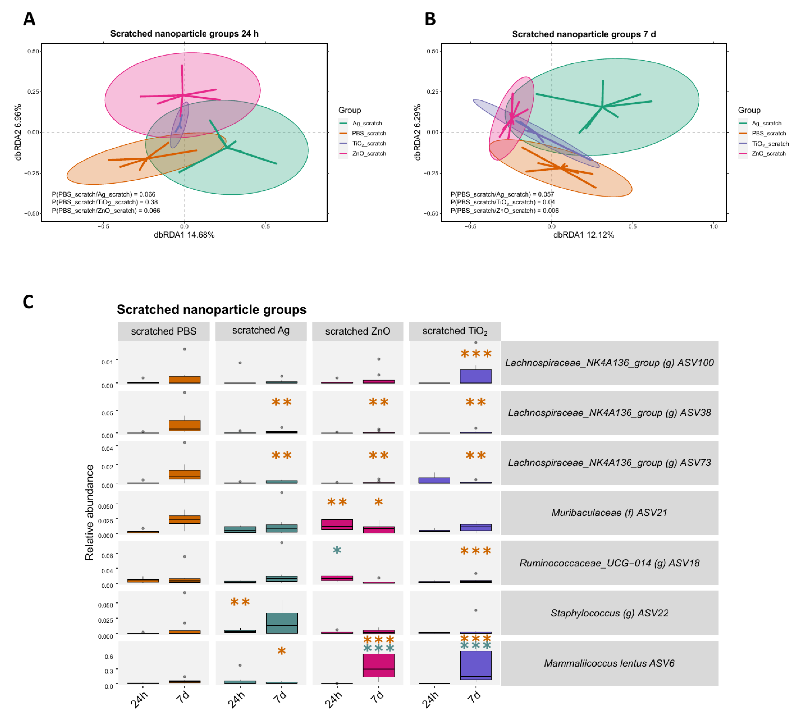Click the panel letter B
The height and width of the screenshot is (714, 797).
click(x=430, y=19)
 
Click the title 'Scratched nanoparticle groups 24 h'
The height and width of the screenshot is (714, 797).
click(x=184, y=34)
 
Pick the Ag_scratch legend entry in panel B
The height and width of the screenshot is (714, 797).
click(x=766, y=123)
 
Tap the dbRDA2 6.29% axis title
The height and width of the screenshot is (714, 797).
click(x=418, y=132)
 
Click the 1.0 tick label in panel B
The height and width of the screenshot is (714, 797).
click(x=713, y=226)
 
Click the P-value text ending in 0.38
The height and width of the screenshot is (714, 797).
click(x=105, y=202)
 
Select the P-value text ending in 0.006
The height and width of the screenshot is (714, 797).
click(x=504, y=211)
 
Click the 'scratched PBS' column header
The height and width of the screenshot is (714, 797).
click(x=164, y=331)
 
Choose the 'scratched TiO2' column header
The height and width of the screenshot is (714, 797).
click(x=454, y=331)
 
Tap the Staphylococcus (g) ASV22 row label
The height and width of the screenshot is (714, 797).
click(x=609, y=613)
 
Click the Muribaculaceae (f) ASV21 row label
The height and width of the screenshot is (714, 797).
click(x=609, y=512)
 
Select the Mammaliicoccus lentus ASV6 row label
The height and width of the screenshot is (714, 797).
click(x=609, y=663)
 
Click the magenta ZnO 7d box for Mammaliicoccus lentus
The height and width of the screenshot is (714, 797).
click(x=378, y=665)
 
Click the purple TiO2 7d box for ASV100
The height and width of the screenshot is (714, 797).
click(x=476, y=376)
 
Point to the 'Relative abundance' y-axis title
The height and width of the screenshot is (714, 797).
click(x=90, y=512)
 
